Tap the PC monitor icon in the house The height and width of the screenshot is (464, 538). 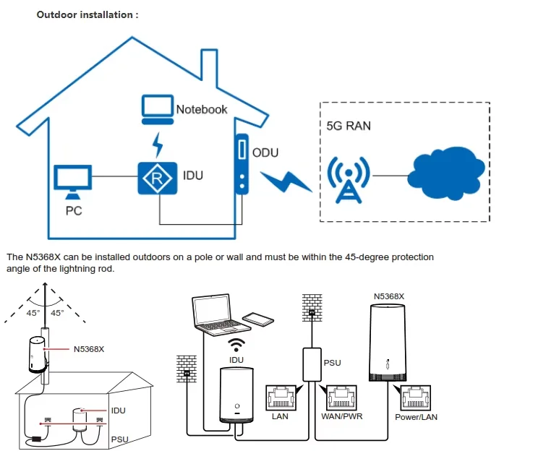coord(73,181)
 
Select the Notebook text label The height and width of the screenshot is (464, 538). coord(202,109)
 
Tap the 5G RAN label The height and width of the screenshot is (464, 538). coord(349,126)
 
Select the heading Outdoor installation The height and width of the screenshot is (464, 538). coord(87,14)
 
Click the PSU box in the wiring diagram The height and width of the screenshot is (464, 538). coord(312,363)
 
